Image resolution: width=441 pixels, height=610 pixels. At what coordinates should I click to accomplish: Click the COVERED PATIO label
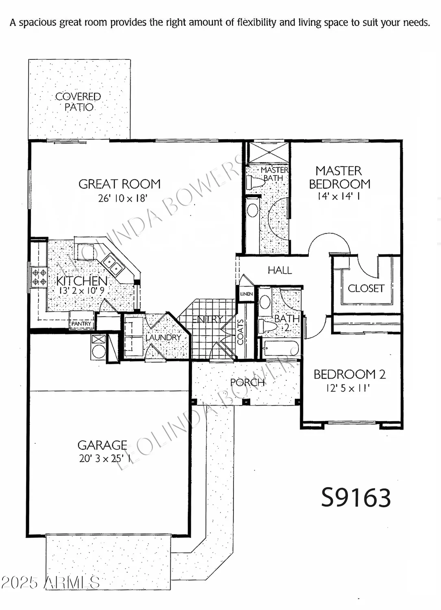tap(78, 102)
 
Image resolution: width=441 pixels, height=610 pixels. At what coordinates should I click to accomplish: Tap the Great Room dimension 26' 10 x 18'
tap(122, 198)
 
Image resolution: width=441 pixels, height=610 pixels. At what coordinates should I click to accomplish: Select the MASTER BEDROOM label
tap(339, 177)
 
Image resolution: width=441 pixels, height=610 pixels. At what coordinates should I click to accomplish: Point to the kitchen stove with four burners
tap(39, 277)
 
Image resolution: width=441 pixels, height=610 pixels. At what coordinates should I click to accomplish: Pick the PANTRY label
tap(81, 324)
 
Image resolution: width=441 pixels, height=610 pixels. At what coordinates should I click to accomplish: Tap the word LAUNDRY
tap(163, 338)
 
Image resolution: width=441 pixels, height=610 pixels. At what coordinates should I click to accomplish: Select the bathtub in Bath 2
tap(281, 348)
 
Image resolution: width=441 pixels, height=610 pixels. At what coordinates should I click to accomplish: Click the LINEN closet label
tap(247, 294)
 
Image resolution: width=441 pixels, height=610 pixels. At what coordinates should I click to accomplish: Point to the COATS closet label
tap(240, 332)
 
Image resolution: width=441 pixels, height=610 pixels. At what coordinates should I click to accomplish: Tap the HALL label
tap(279, 270)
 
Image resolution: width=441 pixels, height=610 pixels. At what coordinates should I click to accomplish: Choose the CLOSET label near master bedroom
tap(366, 288)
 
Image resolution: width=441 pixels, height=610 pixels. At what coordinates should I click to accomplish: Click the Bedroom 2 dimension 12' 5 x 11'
tap(348, 388)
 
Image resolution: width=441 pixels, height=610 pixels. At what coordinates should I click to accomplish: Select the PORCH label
tap(247, 382)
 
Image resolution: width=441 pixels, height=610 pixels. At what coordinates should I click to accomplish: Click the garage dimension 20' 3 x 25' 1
tap(105, 458)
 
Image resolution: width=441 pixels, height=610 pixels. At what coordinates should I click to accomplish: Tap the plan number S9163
tap(356, 497)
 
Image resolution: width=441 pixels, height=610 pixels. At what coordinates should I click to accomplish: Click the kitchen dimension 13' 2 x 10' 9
tap(82, 291)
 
